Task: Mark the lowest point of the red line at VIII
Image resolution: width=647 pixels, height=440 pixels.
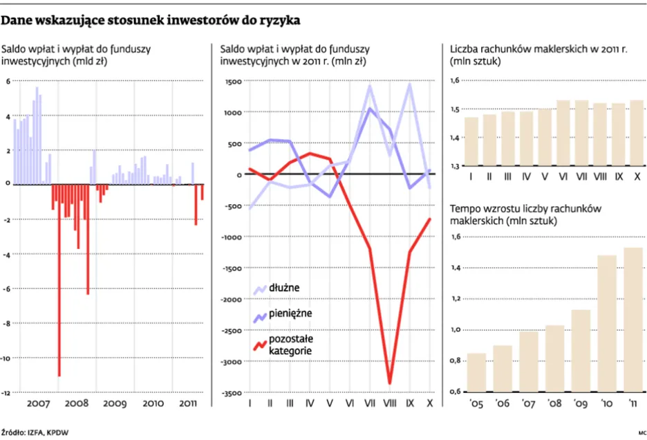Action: pyautogui.click(x=391, y=383)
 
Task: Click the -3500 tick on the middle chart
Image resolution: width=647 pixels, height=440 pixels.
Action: pyautogui.click(x=230, y=393)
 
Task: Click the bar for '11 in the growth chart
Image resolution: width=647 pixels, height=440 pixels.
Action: pyautogui.click(x=633, y=319)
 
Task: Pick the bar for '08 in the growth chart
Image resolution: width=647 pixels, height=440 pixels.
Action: pyautogui.click(x=555, y=358)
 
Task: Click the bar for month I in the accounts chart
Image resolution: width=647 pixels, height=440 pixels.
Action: pyautogui.click(x=471, y=142)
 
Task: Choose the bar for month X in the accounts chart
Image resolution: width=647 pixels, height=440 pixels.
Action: pyautogui.click(x=636, y=134)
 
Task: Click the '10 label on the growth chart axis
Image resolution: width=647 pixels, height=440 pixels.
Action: pyautogui.click(x=607, y=403)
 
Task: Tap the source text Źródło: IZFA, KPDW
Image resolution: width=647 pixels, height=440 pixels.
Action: pyautogui.click(x=35, y=432)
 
